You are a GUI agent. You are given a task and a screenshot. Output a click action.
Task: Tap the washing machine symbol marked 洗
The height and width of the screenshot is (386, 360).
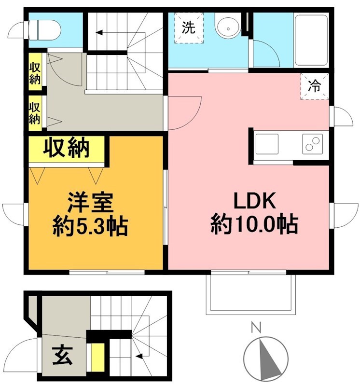tap(189, 28)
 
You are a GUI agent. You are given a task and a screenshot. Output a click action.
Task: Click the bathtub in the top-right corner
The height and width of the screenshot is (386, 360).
tap(311, 40)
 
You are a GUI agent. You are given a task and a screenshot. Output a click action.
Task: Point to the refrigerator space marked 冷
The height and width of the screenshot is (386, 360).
tap(314, 87)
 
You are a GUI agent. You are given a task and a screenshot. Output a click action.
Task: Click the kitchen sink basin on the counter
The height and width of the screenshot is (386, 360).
tap(267, 144)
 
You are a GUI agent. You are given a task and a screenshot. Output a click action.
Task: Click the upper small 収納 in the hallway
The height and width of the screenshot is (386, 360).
tap(35, 73)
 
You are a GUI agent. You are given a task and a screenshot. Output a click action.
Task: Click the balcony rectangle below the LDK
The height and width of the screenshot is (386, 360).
tap(249, 294)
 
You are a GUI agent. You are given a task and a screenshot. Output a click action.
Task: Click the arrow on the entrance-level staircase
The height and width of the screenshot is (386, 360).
tap(140, 357)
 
